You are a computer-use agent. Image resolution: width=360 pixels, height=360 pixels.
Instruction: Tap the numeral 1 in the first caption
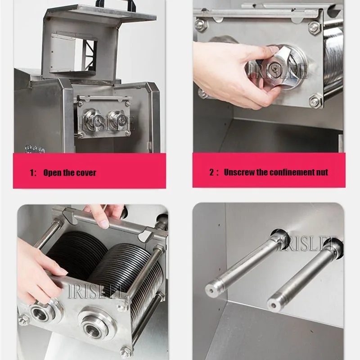32,173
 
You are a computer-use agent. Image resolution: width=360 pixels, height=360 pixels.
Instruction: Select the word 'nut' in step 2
322,172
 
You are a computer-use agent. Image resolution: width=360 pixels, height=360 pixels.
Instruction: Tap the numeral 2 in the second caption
211,172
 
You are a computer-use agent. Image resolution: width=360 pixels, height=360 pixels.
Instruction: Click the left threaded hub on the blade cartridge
40,313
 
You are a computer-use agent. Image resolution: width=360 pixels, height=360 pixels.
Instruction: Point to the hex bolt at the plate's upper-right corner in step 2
314,27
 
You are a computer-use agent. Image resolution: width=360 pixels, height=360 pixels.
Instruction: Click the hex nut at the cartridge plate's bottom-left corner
22,319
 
